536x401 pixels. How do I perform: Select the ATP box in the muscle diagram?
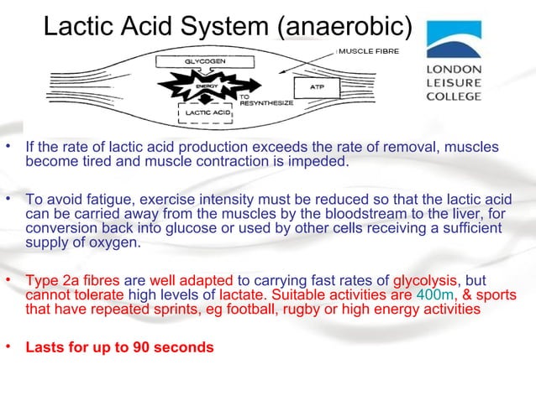point(317,87)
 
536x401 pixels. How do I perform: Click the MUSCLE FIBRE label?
point(369,51)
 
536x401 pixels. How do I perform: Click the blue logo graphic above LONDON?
point(453,38)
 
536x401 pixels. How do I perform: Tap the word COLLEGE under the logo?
point(455,96)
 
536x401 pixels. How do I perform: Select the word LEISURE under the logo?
point(454,82)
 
